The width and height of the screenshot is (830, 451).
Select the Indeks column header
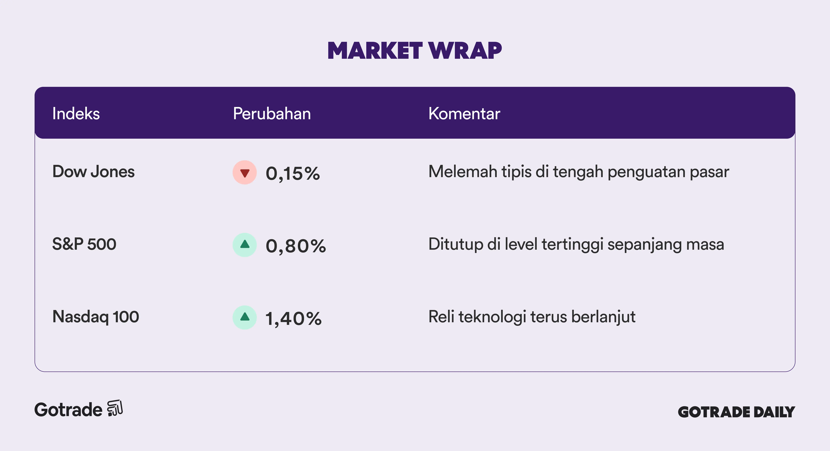tap(76, 114)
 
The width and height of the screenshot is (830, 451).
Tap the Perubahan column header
tap(272, 114)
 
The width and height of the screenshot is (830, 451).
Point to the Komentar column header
tap(464, 114)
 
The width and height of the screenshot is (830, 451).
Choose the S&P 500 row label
tap(84, 244)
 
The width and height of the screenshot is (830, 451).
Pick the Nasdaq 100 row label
tap(96, 317)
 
